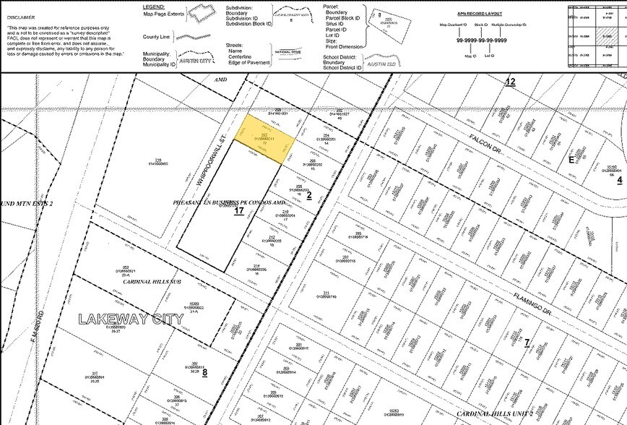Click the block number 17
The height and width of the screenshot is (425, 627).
pyautogui.click(x=238, y=211)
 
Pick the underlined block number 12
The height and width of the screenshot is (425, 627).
pyautogui.click(x=510, y=82)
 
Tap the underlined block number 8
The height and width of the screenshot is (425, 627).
pyautogui.click(x=204, y=373)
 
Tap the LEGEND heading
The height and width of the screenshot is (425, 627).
pyautogui.click(x=155, y=6)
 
